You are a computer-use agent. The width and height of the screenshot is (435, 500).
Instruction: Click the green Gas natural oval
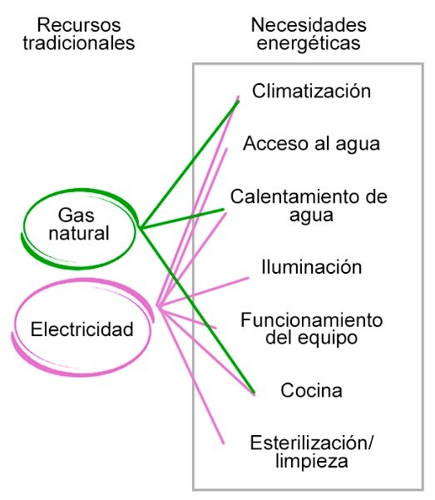click(78, 224)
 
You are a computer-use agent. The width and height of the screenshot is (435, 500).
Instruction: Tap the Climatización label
click(311, 91)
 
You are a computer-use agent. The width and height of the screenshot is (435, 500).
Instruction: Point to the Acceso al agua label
click(311, 143)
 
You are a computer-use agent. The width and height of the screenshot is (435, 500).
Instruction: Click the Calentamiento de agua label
click(309, 205)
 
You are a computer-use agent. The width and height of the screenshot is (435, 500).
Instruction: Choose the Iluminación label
click(311, 267)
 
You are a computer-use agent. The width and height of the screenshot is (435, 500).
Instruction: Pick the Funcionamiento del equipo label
click(310, 329)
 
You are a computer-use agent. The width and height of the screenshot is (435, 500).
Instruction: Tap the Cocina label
click(311, 389)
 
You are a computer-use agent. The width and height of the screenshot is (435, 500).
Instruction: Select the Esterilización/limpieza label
click(310, 450)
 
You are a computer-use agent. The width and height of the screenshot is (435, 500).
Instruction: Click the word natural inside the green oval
click(78, 233)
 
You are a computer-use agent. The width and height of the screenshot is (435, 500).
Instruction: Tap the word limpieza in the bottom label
click(310, 460)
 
